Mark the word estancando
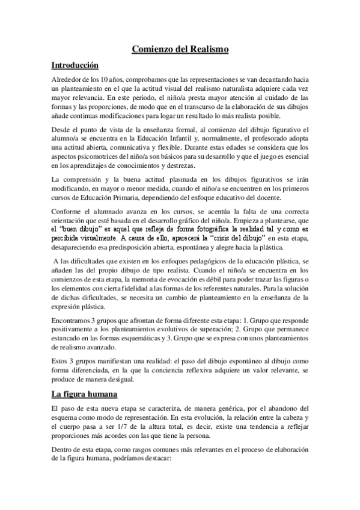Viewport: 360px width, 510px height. point(70,340)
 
